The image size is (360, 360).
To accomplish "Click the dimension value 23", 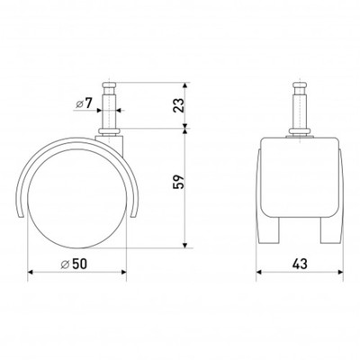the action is click(178, 105).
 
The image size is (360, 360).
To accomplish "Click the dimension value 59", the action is click(178, 182).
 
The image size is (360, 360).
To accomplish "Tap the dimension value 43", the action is click(300, 264).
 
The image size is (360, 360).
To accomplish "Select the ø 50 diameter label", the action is click(74, 264).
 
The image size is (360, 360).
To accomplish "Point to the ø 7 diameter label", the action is click(83, 103).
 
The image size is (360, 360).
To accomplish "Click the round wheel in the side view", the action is click(76, 199).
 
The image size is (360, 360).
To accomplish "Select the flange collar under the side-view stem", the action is click(109, 131).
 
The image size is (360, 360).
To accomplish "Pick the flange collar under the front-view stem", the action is click(300, 131).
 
